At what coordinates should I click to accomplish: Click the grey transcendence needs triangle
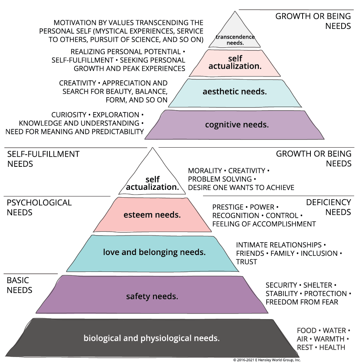coord(235,33)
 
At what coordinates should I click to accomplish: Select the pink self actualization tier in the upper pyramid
coord(235,62)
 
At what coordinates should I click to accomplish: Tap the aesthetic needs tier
coord(235,93)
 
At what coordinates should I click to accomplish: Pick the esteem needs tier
coord(152,215)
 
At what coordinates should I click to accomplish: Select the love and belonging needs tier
coord(154,252)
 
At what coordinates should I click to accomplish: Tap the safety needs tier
coord(152,296)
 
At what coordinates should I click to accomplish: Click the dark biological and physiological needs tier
coord(151,338)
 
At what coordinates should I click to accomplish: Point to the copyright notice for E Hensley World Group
coord(267,360)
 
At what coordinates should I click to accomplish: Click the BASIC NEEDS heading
coord(20,285)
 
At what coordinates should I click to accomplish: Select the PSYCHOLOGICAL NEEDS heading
coord(39,207)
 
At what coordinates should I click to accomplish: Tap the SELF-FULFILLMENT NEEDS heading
coord(43,159)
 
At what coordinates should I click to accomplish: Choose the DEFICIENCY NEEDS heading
coord(328,207)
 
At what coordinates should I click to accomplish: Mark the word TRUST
coord(246,262)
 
